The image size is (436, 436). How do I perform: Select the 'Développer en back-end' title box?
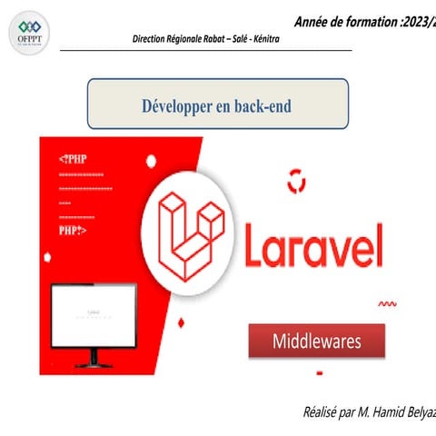(217, 104)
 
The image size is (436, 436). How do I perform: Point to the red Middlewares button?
(317, 342)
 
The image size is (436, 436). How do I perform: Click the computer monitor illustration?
(94, 316)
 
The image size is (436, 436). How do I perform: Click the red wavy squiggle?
(387, 304)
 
